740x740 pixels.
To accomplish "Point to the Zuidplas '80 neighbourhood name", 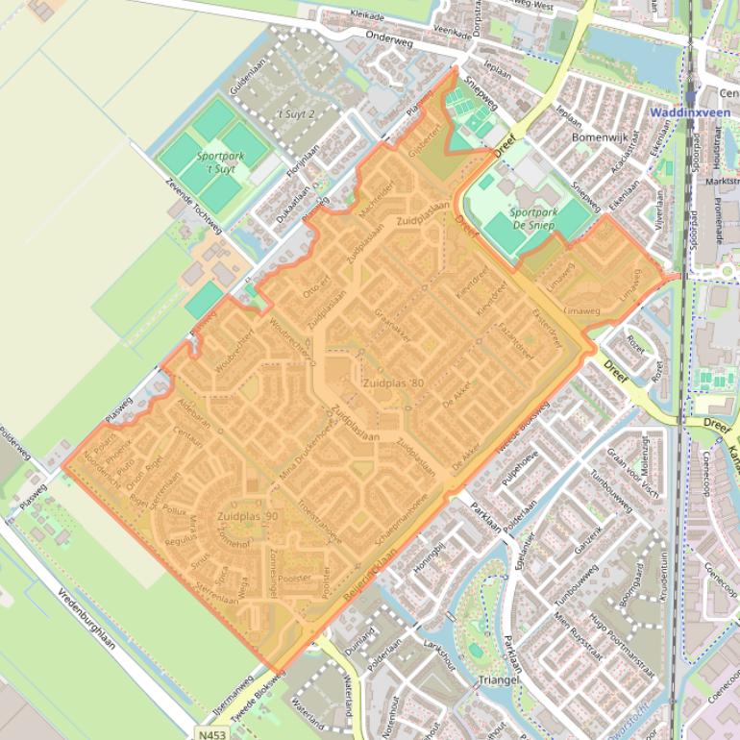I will [x=393, y=382].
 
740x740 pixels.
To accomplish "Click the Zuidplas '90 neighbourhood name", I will [x=248, y=516].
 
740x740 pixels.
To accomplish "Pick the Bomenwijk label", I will [x=599, y=137].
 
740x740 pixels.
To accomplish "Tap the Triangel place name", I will [x=498, y=679].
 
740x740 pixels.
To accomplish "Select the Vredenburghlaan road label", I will [x=86, y=616].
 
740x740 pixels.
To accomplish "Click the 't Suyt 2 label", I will [x=296, y=113].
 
